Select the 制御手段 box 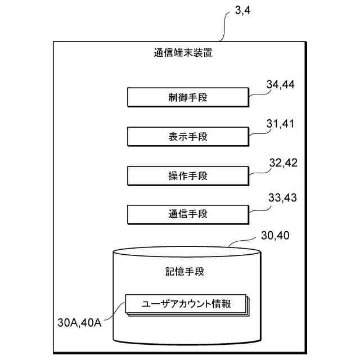(188, 97)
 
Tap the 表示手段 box (188, 136)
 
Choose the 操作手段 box (188, 175)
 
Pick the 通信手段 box (188, 214)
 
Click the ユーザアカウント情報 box (186, 304)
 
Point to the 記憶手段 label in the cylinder (186, 272)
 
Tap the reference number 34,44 (281, 85)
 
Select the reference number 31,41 (281, 124)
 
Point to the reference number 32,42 (283, 163)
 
